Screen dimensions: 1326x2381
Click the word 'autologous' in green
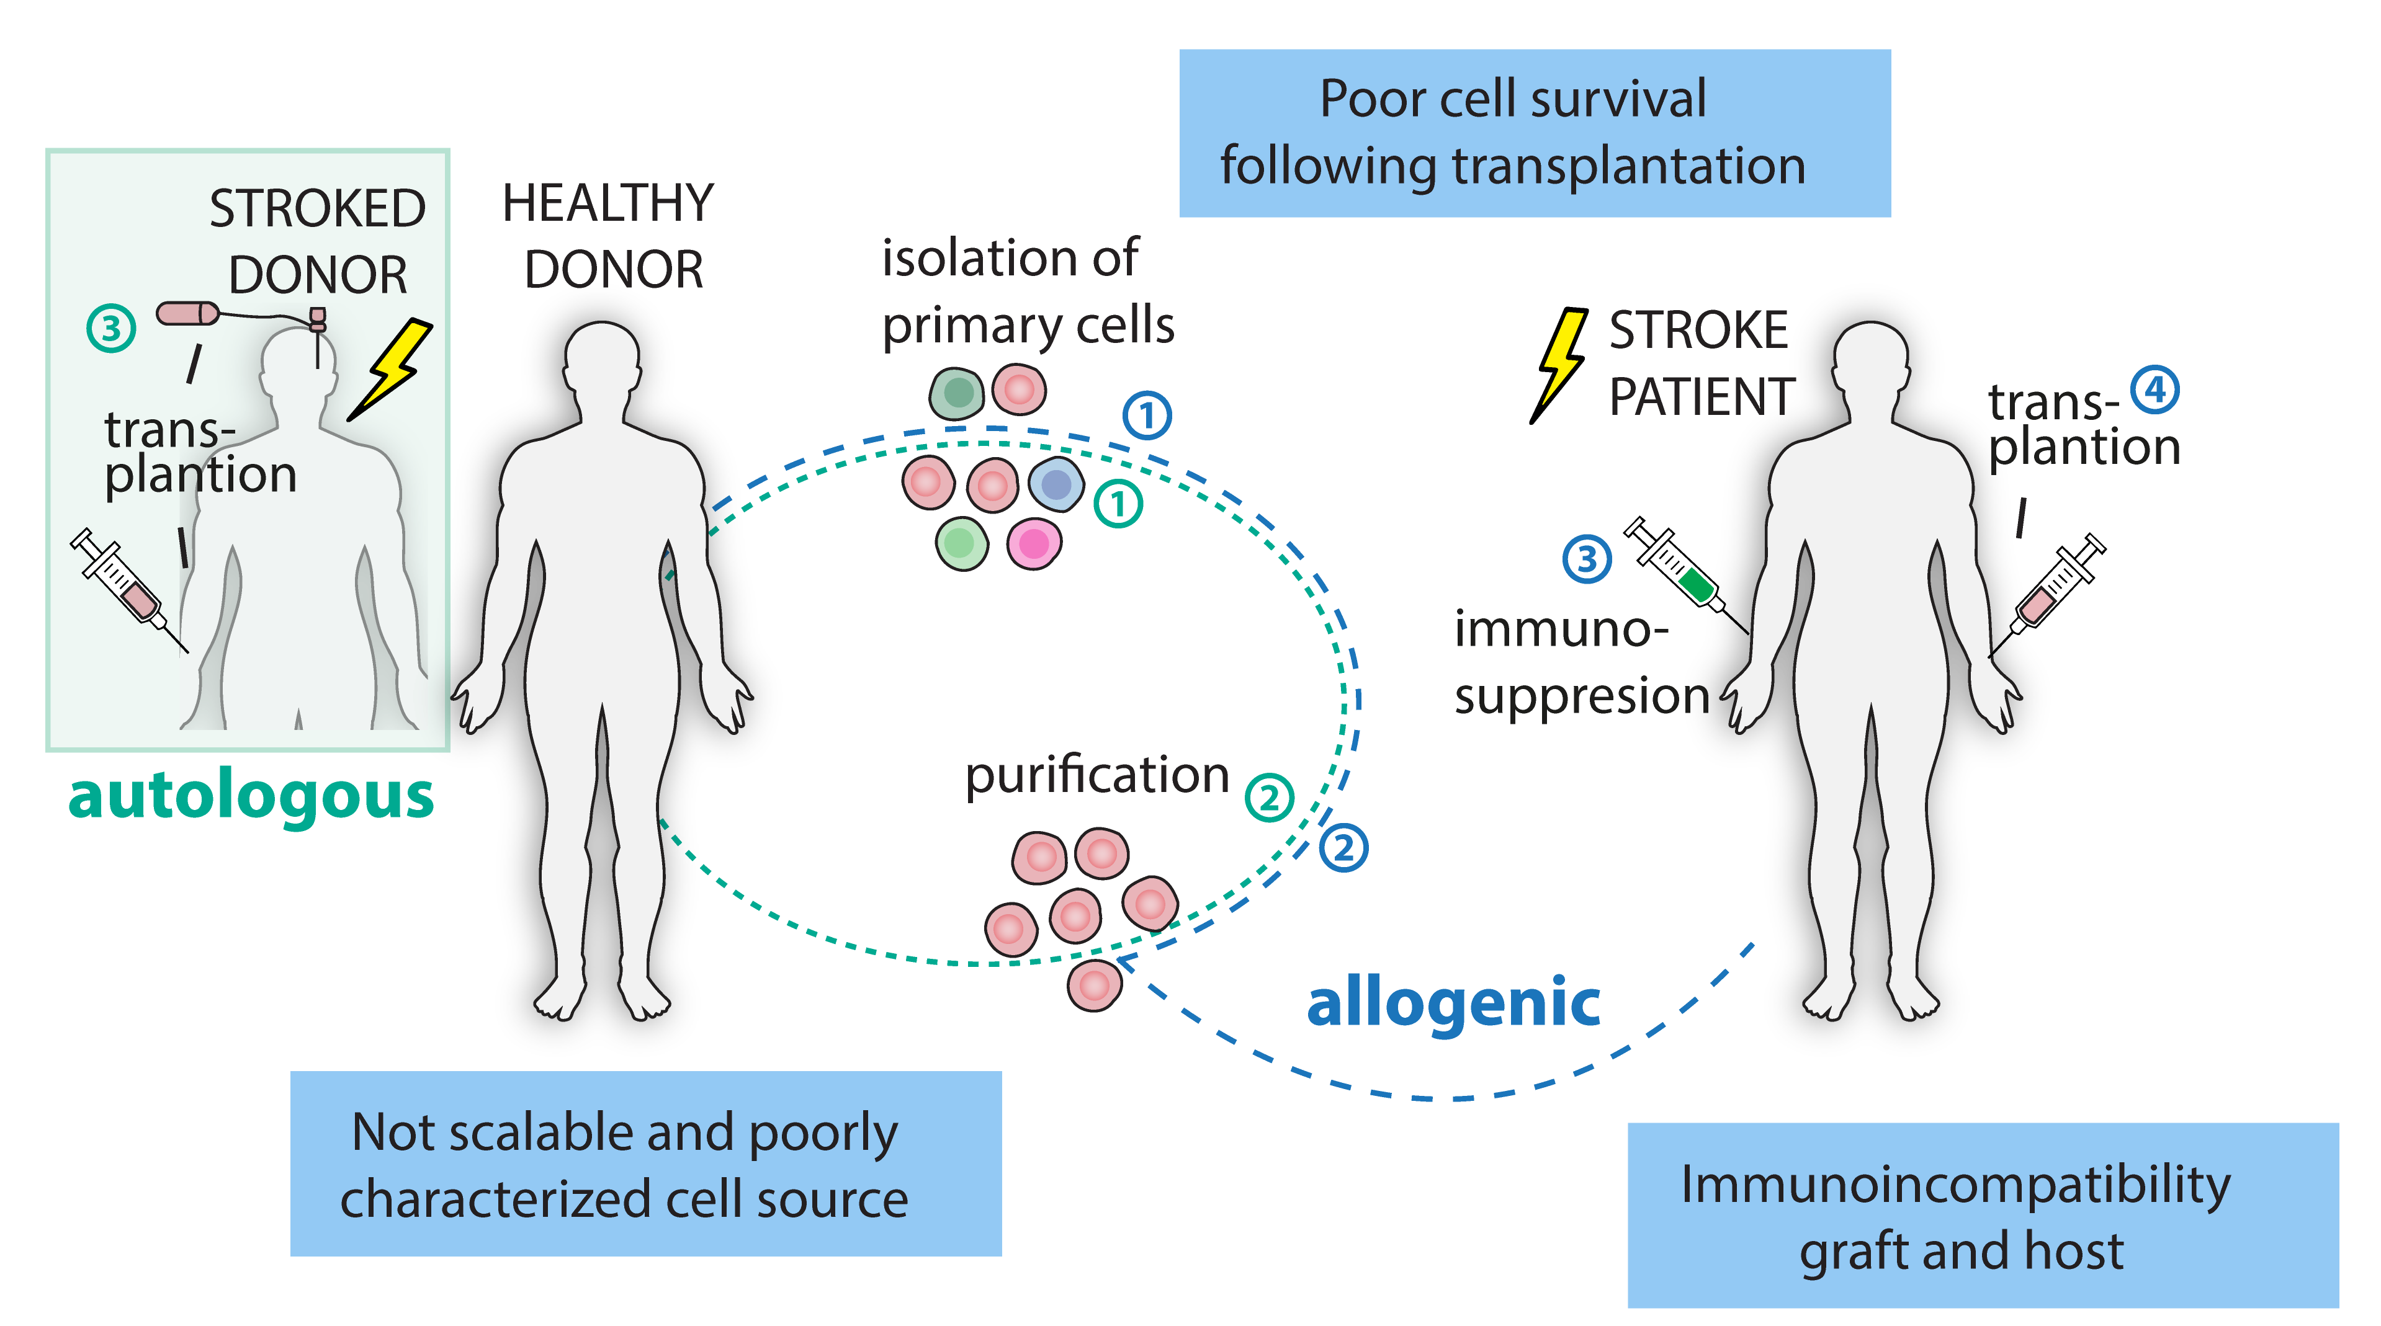pos(251,796)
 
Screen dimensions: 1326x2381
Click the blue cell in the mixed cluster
pos(1056,483)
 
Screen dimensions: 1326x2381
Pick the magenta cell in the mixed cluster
pos(1033,543)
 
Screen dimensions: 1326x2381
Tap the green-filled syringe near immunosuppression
pos(1673,562)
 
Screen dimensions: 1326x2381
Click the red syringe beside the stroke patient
pos(2060,582)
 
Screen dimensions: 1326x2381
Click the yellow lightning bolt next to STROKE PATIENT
pos(1562,357)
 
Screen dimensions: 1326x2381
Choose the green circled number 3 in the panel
pos(111,328)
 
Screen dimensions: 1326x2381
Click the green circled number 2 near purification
pos(1269,798)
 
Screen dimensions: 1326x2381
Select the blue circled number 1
pos(1147,416)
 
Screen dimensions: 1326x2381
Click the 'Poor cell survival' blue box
pos(1535,133)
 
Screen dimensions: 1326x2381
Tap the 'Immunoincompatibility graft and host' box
pos(1982,1215)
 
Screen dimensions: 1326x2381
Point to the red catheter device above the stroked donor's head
pos(187,313)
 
